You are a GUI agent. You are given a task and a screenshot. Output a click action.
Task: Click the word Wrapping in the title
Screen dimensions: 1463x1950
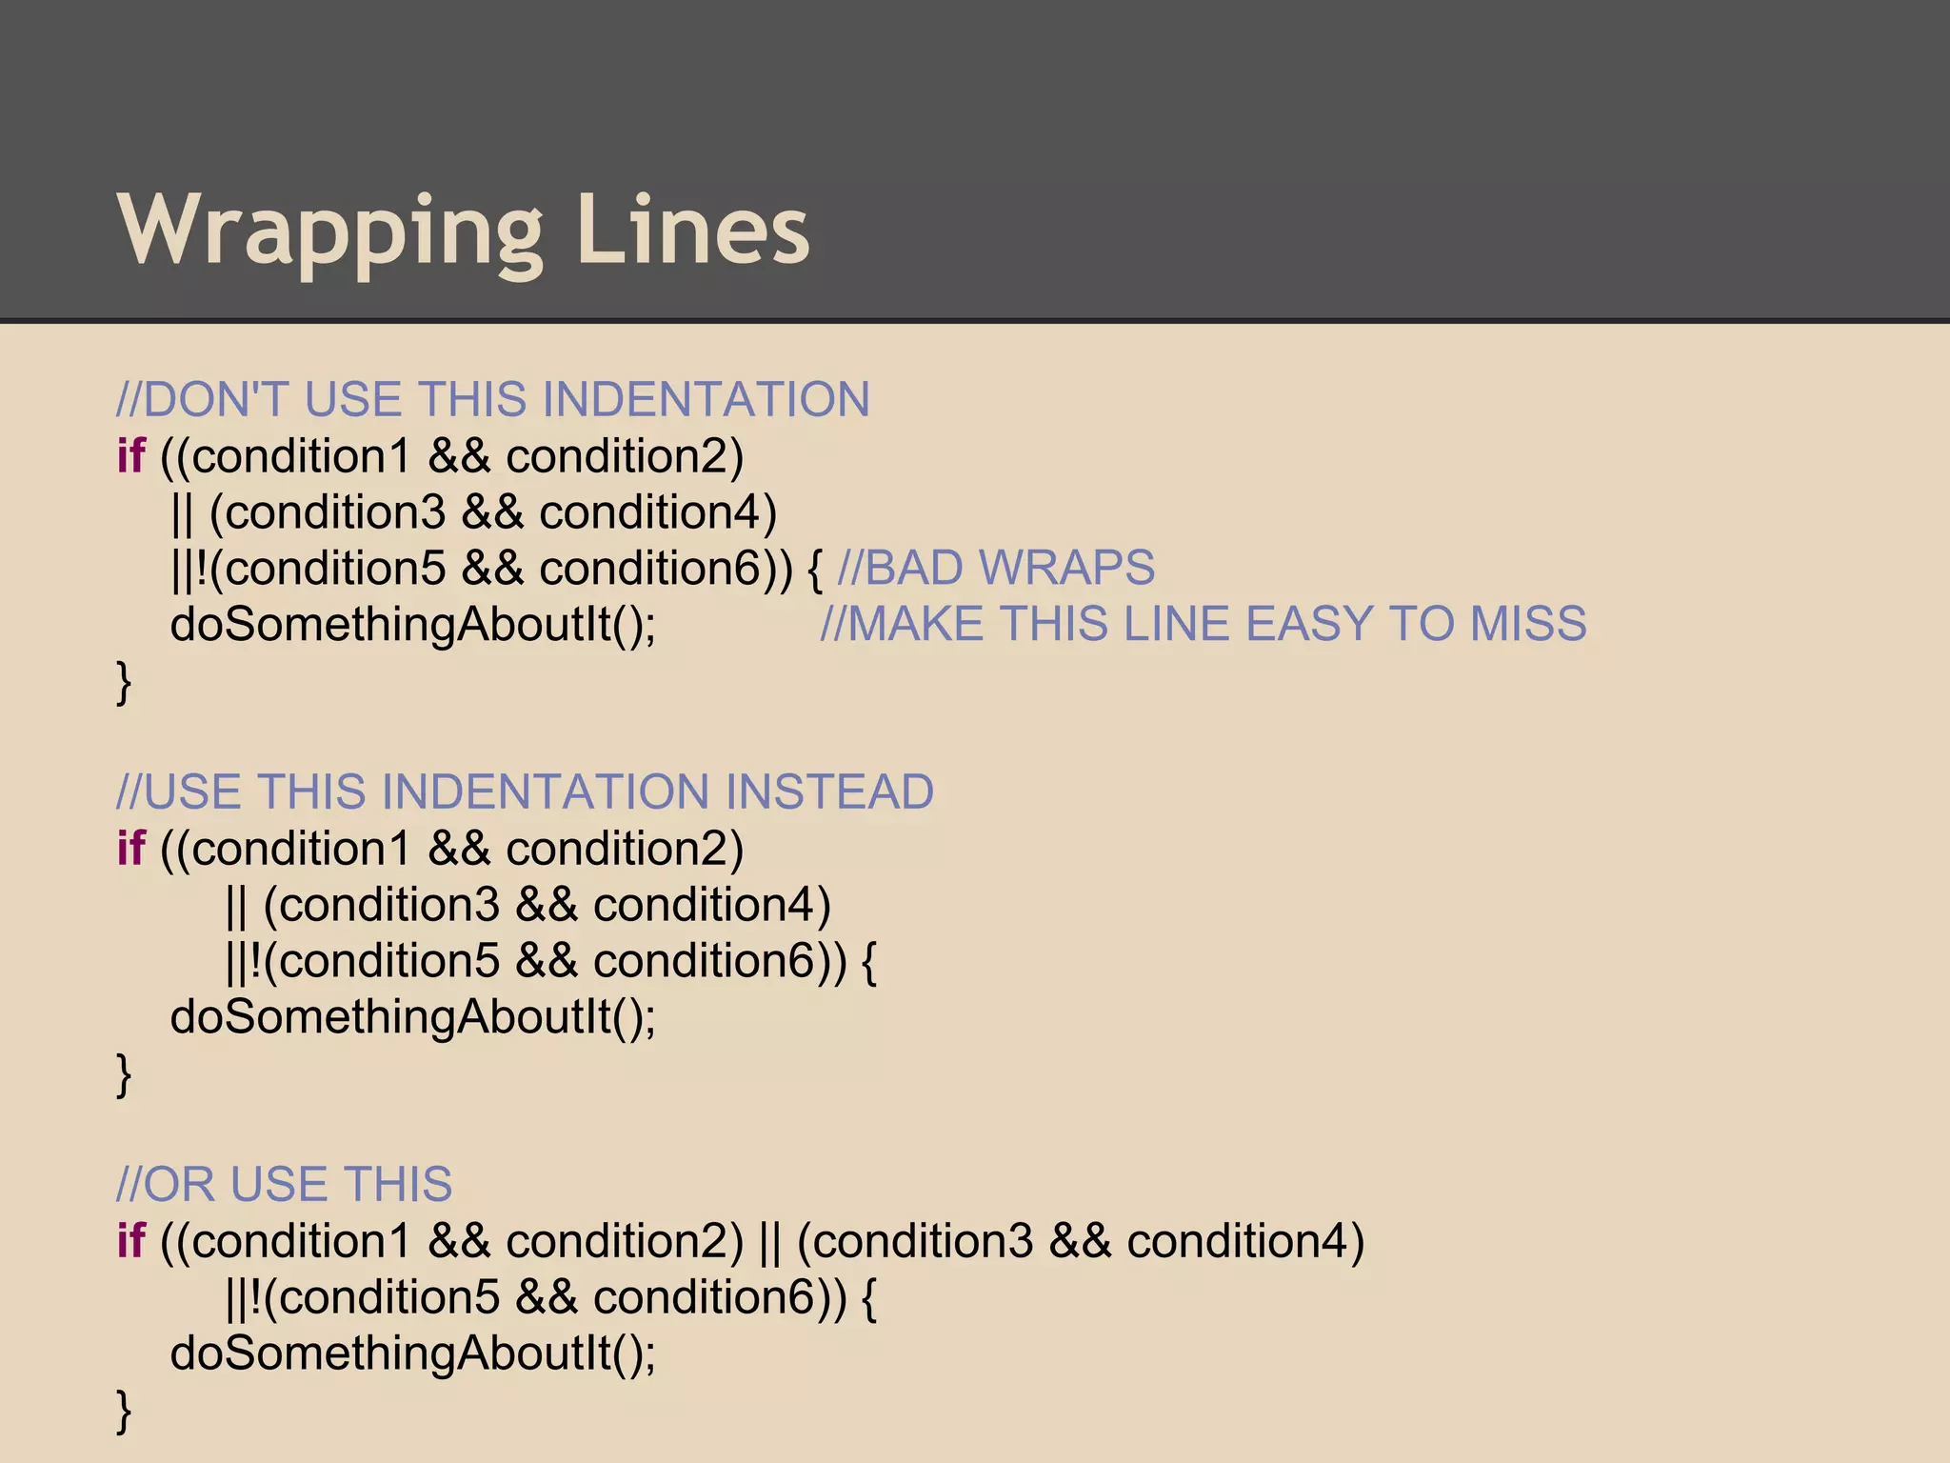pyautogui.click(x=329, y=231)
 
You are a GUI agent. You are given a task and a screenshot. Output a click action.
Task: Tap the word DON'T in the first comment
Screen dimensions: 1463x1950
pyautogui.click(x=215, y=399)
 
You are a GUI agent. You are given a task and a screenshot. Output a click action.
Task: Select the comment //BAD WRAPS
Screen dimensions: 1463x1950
pyautogui.click(x=996, y=569)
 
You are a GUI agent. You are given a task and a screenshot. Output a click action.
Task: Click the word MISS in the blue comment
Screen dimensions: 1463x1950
pyautogui.click(x=1527, y=625)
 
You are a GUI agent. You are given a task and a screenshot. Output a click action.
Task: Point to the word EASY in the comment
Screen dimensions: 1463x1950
pyautogui.click(x=1309, y=625)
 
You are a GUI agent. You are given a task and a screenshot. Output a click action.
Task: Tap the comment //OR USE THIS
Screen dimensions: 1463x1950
pyautogui.click(x=285, y=1185)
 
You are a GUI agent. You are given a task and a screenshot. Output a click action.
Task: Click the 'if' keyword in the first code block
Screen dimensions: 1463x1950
pyautogui.click(x=130, y=456)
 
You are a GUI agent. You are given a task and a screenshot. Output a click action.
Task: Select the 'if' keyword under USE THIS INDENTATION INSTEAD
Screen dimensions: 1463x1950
pyautogui.click(x=130, y=849)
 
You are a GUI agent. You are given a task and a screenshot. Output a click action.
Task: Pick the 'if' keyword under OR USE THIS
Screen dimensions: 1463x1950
pyautogui.click(x=130, y=1241)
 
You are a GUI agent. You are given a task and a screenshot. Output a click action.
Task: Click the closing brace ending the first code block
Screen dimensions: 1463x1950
pyautogui.click(x=124, y=682)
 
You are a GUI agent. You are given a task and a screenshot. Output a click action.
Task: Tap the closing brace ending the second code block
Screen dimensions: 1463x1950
pyautogui.click(x=124, y=1074)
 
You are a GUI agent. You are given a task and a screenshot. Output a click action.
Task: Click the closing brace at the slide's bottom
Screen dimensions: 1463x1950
pyautogui.click(x=124, y=1411)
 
